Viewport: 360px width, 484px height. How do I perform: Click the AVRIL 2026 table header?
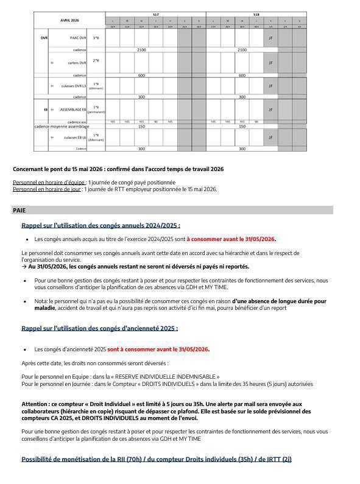69,20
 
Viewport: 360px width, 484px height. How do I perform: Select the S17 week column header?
155,13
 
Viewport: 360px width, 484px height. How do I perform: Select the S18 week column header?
256,13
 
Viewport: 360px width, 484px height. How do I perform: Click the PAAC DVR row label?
74,38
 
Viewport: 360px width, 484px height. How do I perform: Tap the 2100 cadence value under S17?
141,50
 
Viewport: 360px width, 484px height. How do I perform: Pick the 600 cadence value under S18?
242,75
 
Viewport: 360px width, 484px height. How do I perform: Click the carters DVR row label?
74,63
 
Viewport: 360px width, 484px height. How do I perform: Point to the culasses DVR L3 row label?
74,86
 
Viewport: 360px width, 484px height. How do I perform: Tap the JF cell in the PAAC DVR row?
270,38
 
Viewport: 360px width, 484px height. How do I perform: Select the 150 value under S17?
141,127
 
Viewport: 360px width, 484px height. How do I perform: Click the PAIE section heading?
19,210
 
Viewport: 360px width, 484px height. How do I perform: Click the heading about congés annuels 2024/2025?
101,226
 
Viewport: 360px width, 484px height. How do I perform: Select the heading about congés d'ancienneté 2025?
99,328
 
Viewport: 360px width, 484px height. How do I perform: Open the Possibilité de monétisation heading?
157,458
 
